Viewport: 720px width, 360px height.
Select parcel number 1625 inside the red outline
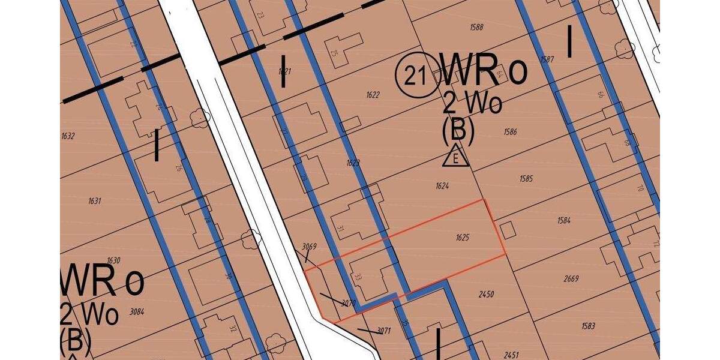pos(462,238)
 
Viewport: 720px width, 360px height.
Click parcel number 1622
pos(373,95)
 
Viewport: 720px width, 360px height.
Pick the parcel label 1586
pos(510,132)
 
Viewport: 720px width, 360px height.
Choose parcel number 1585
pos(526,178)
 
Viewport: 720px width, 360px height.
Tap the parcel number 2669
pos(571,278)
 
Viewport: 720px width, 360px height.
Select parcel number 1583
pos(588,326)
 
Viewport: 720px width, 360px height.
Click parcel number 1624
pos(442,186)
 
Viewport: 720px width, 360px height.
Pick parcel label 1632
pos(68,136)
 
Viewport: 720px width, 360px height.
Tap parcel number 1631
pos(95,201)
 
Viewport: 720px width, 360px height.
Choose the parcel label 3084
pos(137,311)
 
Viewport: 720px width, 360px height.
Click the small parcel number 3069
pos(309,247)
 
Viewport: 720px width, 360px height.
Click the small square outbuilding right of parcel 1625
pos(508,230)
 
